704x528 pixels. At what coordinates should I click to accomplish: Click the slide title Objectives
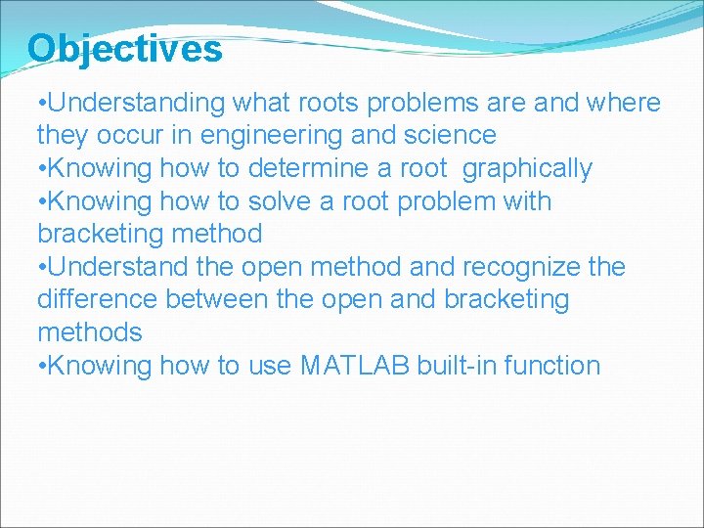pos(124,48)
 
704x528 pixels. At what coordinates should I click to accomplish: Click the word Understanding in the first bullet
pos(137,103)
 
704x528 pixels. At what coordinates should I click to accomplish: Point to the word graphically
pos(527,168)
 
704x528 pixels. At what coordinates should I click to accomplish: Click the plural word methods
pos(89,332)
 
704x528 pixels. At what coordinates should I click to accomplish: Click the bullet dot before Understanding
pos(40,104)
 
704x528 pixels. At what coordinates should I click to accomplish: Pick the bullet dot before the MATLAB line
pos(40,367)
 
